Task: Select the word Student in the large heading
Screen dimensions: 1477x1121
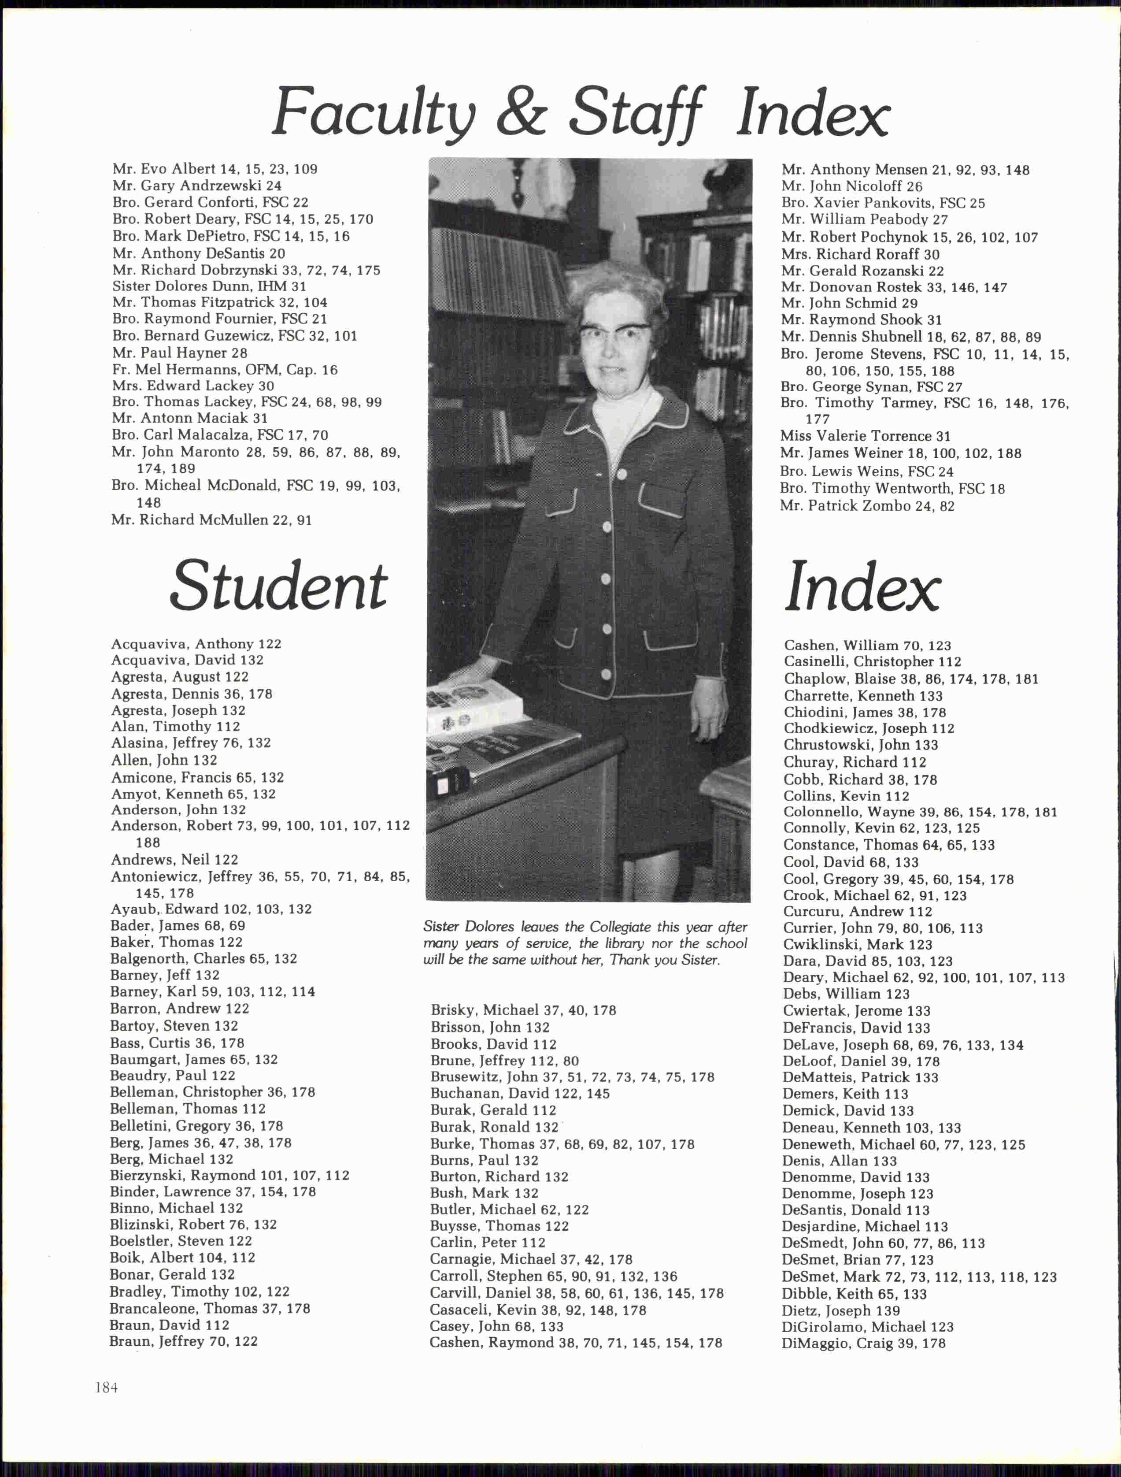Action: click(278, 586)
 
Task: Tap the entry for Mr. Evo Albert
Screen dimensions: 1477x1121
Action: click(215, 169)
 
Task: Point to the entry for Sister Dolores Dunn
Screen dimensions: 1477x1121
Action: click(209, 286)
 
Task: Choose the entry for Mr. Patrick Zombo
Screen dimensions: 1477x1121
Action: click(866, 506)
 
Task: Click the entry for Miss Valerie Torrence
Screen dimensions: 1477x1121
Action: click(865, 436)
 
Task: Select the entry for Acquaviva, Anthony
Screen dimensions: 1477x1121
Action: click(196, 644)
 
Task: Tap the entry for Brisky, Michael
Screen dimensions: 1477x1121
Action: click(523, 1010)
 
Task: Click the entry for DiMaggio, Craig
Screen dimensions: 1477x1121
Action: click(863, 1343)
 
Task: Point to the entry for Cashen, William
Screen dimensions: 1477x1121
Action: click(866, 646)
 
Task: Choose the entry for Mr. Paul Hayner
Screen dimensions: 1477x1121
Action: click(180, 353)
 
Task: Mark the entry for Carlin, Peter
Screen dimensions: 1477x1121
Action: click(488, 1242)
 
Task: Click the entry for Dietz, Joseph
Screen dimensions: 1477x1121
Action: click(840, 1310)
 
